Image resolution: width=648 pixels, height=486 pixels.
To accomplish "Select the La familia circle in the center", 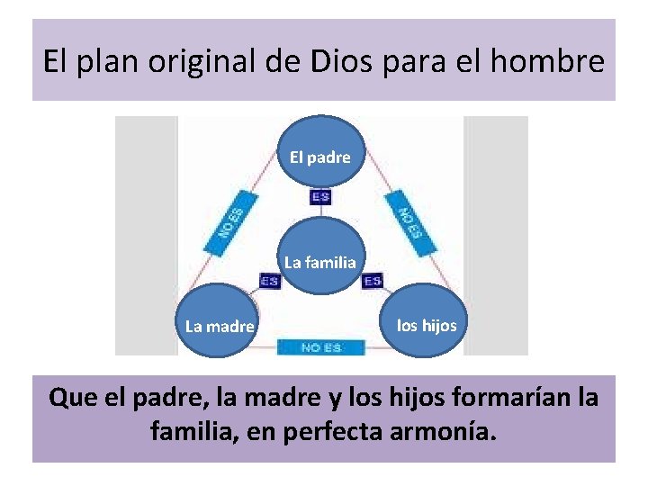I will (320, 262).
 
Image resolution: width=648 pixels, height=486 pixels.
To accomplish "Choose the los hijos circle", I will (427, 325).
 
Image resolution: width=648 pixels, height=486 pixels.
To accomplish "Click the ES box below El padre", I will (320, 197).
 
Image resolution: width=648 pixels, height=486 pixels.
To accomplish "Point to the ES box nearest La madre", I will (269, 282).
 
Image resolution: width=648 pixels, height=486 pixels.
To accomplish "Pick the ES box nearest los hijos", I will (373, 282).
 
